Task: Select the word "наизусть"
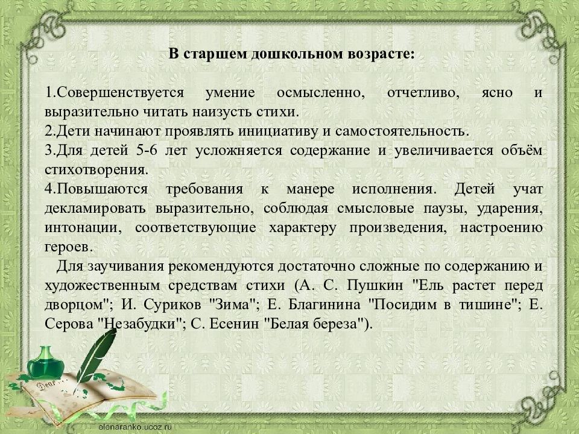pyautogui.click(x=221, y=112)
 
